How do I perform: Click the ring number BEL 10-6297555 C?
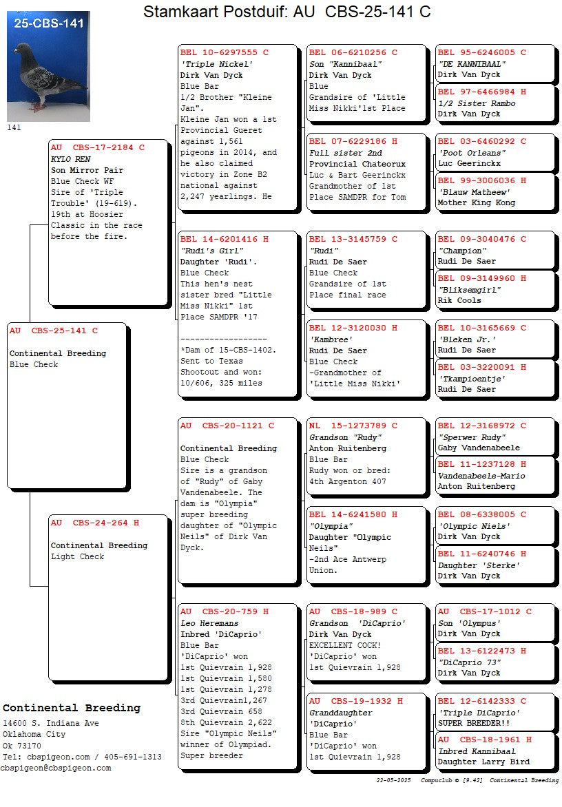pyautogui.click(x=224, y=52)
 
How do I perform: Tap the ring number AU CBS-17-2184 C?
pyautogui.click(x=97, y=147)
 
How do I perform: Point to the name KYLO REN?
pyautogui.click(x=70, y=159)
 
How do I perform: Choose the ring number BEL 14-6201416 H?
pyautogui.click(x=224, y=239)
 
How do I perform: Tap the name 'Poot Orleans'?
pyautogui.click(x=472, y=153)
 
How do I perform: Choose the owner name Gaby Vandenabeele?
pyautogui.click(x=479, y=448)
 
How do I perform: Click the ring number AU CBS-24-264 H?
pyautogui.click(x=94, y=523)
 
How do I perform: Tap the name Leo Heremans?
pyautogui.click(x=209, y=623)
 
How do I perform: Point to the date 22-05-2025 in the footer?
pyautogui.click(x=393, y=780)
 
